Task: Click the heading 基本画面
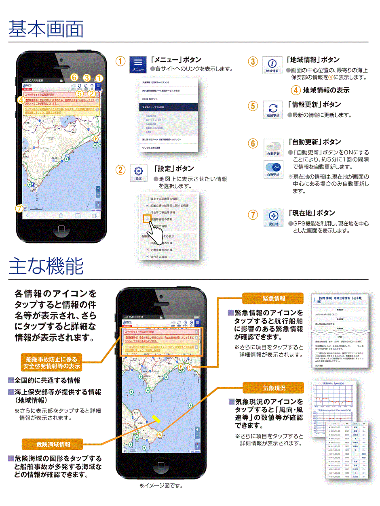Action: click(x=46, y=29)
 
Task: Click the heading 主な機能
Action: click(x=46, y=266)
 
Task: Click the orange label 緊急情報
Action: click(x=273, y=298)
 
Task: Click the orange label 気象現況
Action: click(x=273, y=388)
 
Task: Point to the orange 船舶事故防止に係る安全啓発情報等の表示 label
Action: click(x=51, y=363)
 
